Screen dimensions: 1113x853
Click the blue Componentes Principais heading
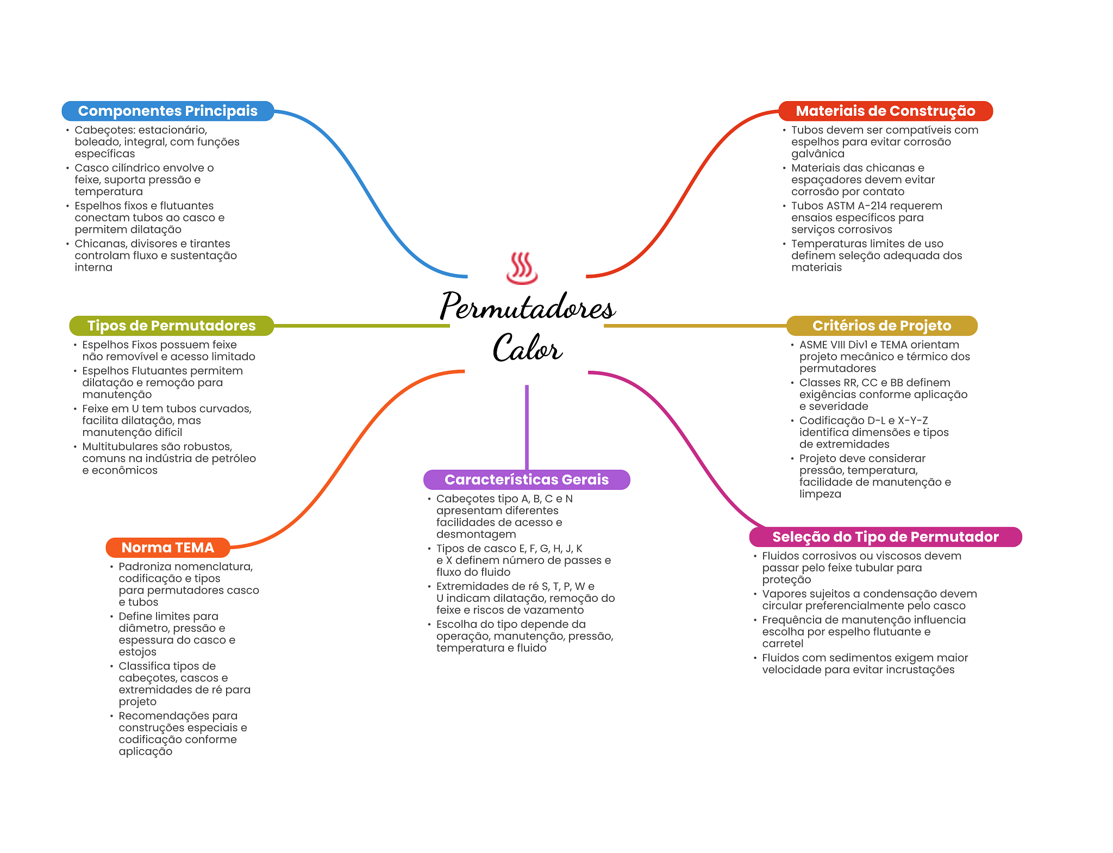coord(167,111)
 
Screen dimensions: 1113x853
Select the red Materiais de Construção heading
coord(885,111)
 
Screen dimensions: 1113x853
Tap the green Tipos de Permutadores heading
coord(171,326)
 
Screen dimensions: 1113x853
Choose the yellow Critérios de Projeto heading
coord(881,326)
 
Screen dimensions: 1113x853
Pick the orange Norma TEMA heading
coord(167,547)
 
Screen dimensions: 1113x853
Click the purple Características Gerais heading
coord(526,480)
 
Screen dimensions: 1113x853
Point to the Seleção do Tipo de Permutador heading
coord(885,537)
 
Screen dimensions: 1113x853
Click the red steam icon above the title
coord(522,268)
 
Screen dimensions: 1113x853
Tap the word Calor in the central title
coord(527,348)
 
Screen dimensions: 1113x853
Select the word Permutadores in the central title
coord(527,307)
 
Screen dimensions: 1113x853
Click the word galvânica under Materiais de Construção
coord(817,154)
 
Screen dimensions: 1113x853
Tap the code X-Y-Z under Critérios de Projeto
coord(912,421)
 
